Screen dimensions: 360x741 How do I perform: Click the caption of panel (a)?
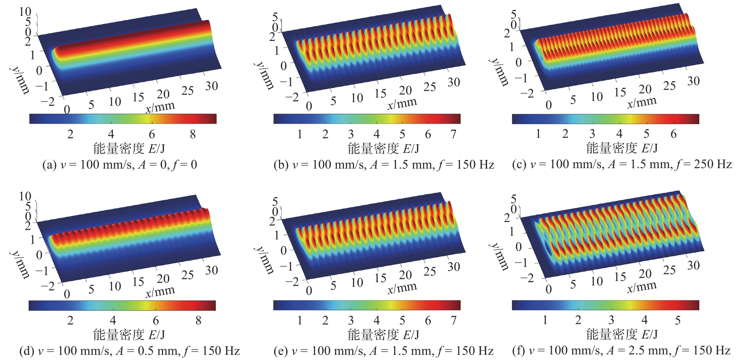pos(120,165)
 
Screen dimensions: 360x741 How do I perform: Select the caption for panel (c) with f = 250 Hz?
pos(622,164)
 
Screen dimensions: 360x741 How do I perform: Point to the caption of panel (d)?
pos(129,351)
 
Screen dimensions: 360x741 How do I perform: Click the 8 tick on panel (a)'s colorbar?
pos(193,134)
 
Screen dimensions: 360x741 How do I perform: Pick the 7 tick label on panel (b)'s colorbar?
pos(453,134)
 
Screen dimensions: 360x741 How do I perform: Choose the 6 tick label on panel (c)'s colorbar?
pos(674,134)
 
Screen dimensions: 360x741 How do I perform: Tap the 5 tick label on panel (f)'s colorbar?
pos(678,320)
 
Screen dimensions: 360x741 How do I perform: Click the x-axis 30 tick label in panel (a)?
pos(211,86)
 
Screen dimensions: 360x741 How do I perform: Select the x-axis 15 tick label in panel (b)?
pos(380,93)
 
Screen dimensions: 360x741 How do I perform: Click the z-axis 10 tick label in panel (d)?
pos(25,196)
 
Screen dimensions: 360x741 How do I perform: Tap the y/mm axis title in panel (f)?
pos(499,257)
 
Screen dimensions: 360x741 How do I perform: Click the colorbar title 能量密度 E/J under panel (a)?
pos(129,149)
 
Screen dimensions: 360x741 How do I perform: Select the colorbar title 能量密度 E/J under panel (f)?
pos(622,335)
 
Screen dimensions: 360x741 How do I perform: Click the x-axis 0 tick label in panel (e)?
pos(309,291)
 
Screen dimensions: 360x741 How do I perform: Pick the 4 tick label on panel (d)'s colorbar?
pos(113,320)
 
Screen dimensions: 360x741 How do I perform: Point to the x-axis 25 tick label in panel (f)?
pos(669,270)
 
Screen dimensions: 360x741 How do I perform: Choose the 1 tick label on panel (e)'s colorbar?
pos(300,320)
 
